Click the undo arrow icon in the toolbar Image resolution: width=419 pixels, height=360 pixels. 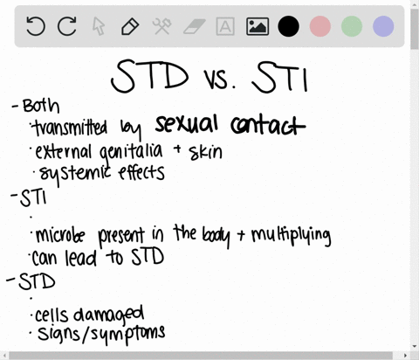36,27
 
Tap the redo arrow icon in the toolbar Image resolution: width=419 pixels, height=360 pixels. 67,27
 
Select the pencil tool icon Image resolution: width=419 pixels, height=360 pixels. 129,27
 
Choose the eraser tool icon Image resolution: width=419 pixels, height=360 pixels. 192,27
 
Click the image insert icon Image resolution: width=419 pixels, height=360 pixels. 257,27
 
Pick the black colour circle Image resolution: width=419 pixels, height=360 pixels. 288,27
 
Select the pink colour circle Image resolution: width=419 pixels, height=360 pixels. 320,27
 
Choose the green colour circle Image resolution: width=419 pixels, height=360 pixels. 352,27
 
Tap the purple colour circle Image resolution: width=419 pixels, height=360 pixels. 383,27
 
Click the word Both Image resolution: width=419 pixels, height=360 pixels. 41,106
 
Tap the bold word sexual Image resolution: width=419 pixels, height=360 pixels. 192,126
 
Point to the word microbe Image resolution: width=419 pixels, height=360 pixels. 63,235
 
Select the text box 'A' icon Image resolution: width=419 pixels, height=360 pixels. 224,27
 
